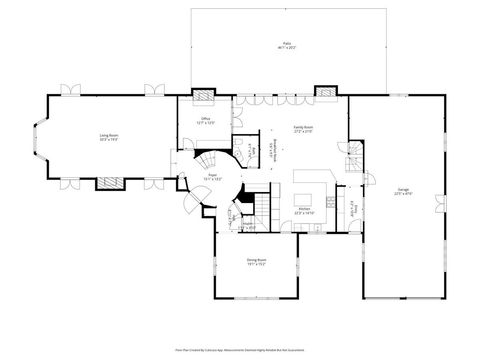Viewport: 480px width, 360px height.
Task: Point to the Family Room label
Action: pyautogui.click(x=302, y=129)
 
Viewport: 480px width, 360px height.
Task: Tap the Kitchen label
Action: pyautogui.click(x=304, y=211)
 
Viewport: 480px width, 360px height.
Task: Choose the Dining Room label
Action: pyautogui.click(x=256, y=262)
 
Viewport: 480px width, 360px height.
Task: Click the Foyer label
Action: pyautogui.click(x=213, y=176)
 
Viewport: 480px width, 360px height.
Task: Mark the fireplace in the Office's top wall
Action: pyautogui.click(x=203, y=98)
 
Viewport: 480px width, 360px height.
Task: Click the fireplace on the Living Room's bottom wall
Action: pyautogui.click(x=109, y=183)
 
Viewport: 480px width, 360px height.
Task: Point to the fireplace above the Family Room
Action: pyautogui.click(x=326, y=94)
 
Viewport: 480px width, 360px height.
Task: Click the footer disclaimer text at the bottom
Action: pyautogui.click(x=240, y=351)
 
